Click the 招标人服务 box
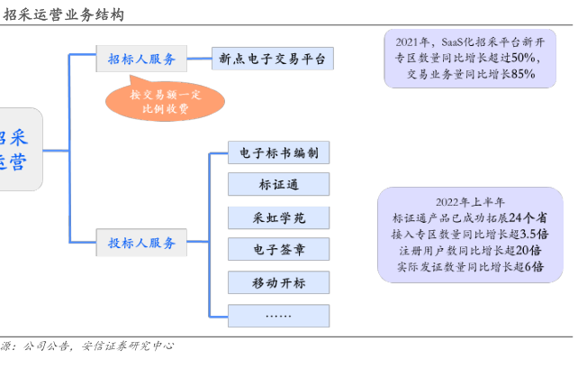click(141, 59)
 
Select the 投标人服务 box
click(141, 243)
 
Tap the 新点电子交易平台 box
click(273, 59)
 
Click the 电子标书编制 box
click(279, 152)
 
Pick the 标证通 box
click(279, 184)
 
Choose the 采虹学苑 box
click(279, 217)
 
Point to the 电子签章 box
click(279, 249)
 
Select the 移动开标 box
click(279, 282)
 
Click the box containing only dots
click(279, 316)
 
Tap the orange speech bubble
click(165, 101)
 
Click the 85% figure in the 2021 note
click(523, 74)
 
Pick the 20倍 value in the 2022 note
click(528, 251)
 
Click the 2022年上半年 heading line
click(470, 202)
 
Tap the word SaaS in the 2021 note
click(452, 42)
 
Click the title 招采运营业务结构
click(63, 14)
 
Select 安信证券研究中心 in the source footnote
click(128, 346)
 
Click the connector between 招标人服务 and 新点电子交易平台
click(199, 59)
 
